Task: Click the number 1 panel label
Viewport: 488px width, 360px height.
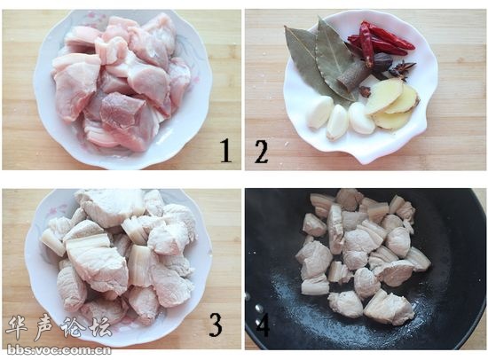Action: tap(226, 151)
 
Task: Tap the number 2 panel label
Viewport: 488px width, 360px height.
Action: tap(262, 152)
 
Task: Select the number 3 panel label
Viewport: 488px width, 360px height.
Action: tap(216, 325)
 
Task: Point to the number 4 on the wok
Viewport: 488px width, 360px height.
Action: tap(262, 325)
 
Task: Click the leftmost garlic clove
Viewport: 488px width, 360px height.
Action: tap(319, 112)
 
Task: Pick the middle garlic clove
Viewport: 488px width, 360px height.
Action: tap(337, 122)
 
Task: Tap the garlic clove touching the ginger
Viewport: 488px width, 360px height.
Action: tap(361, 118)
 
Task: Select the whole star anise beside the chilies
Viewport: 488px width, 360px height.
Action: tap(404, 68)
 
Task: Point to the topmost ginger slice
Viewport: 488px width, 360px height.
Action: tap(382, 96)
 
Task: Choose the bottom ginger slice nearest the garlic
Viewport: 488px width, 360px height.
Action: tap(393, 121)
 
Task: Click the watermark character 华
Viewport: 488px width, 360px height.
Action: tap(17, 328)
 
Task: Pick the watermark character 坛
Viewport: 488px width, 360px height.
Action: tap(100, 327)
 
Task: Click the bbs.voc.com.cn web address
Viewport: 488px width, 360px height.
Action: tap(59, 350)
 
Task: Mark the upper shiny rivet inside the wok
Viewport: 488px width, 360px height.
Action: tap(258, 308)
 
